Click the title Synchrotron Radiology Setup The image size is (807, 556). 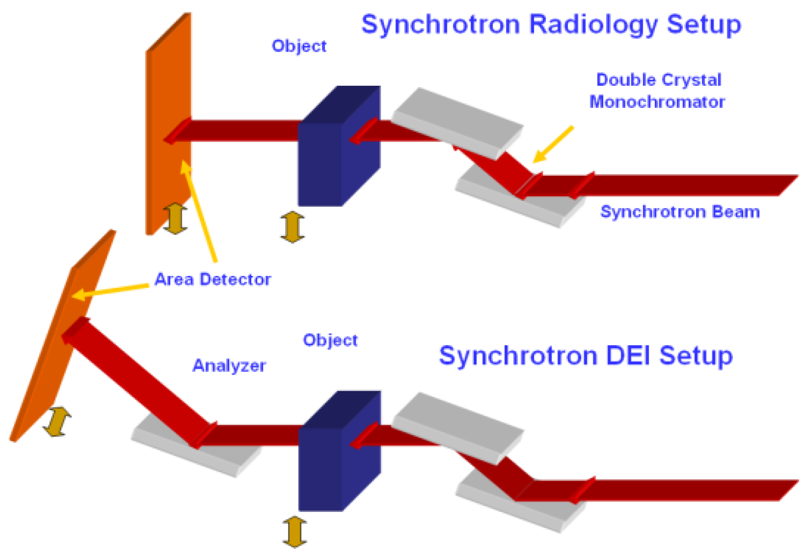(x=551, y=25)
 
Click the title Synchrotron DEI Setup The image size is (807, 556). (x=585, y=356)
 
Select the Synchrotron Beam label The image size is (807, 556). (x=680, y=212)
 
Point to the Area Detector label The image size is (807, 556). (x=212, y=279)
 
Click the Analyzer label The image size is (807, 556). (x=229, y=366)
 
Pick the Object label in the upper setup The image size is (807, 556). (x=299, y=46)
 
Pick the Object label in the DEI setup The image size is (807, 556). (x=330, y=340)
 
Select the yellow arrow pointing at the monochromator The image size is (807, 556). (x=553, y=144)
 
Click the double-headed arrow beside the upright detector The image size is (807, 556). (x=175, y=218)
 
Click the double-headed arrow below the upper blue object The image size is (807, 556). (x=292, y=227)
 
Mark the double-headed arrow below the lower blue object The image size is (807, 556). (x=295, y=532)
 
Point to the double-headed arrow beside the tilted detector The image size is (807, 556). (x=57, y=421)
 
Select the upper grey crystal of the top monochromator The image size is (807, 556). (x=458, y=121)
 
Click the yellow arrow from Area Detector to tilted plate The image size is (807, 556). (x=110, y=290)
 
